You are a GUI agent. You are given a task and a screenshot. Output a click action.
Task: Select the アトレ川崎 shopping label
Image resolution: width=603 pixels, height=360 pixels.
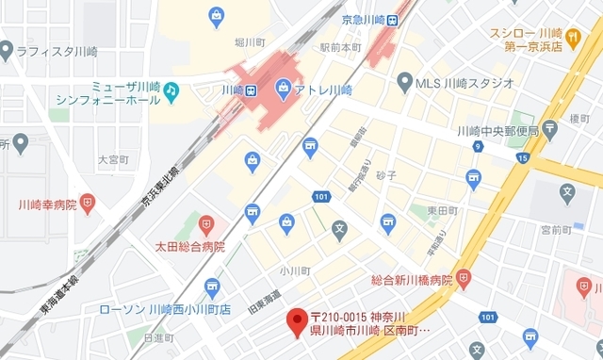click(319, 90)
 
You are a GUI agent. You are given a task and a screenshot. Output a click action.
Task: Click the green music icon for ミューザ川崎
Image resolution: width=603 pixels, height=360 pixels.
click(171, 90)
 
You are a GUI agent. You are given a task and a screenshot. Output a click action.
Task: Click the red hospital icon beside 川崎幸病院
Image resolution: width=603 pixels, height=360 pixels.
click(88, 203)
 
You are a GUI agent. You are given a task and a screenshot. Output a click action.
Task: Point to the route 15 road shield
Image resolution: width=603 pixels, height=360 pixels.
click(523, 157)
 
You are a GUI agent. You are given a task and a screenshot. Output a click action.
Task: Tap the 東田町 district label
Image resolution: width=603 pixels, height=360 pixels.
click(441, 209)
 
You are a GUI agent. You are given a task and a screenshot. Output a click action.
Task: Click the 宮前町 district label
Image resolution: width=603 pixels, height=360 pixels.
click(556, 228)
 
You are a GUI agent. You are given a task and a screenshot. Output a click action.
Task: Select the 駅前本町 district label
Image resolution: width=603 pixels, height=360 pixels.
click(340, 46)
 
